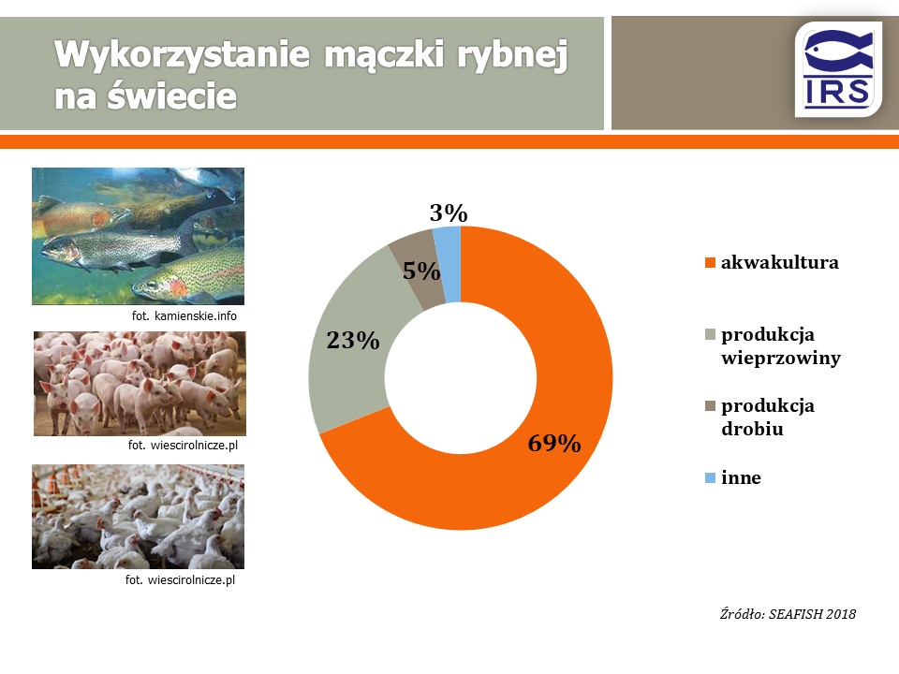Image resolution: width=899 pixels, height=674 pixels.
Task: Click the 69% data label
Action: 553,443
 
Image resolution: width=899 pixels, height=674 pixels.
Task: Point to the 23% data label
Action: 353,341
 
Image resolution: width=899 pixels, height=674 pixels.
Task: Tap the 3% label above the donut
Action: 449,213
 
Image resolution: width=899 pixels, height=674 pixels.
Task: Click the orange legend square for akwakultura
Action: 710,263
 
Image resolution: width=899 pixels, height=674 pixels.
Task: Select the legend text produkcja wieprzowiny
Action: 781,346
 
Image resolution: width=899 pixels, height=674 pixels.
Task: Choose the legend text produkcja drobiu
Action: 768,418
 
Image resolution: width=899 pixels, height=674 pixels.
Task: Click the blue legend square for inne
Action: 710,478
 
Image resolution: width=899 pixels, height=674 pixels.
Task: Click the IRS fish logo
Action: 837,69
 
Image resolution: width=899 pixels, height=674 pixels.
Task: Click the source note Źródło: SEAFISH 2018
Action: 788,614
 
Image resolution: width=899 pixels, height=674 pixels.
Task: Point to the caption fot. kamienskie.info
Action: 184,315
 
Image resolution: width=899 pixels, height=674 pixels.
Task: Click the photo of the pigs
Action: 140,384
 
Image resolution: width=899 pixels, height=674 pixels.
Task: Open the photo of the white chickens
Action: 139,517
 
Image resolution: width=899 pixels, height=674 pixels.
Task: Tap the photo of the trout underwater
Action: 139,236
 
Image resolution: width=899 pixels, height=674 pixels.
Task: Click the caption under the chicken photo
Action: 180,580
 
